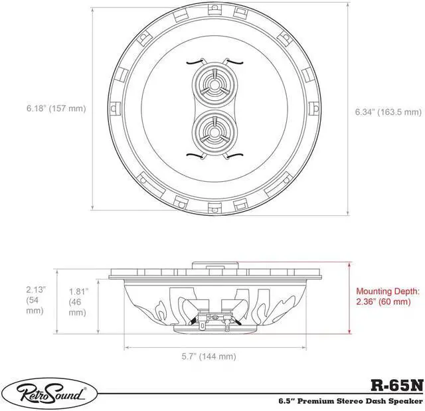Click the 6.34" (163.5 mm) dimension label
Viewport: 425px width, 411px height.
click(388, 112)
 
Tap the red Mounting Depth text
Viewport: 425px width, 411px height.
click(388, 296)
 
